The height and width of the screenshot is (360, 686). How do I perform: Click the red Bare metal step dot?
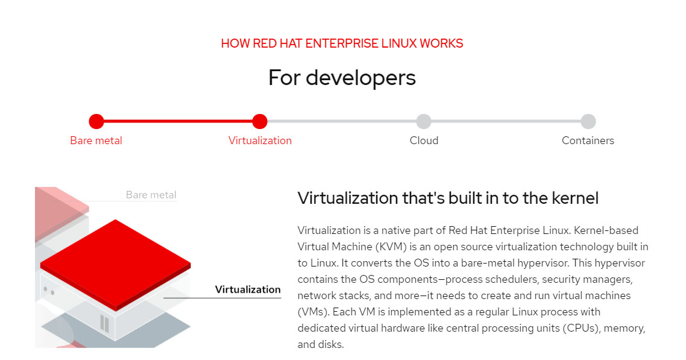click(x=96, y=121)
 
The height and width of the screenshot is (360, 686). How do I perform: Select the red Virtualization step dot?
click(x=260, y=121)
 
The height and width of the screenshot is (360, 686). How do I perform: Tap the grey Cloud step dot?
click(x=424, y=121)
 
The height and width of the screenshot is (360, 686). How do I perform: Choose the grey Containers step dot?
click(x=588, y=121)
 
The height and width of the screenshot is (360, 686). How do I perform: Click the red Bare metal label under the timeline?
click(x=96, y=141)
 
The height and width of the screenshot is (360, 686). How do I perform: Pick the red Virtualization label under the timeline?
click(x=260, y=141)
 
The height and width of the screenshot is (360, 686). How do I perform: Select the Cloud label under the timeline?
click(x=424, y=141)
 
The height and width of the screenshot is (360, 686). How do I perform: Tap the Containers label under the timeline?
click(x=588, y=141)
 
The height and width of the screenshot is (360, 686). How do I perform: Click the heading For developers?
click(x=342, y=78)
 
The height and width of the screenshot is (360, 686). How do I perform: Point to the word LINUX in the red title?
click(x=399, y=43)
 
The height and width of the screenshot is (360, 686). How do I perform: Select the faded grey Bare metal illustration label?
click(x=151, y=195)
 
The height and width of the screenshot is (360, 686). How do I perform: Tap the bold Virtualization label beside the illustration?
click(x=248, y=289)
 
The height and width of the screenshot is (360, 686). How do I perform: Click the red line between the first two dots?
click(x=178, y=121)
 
